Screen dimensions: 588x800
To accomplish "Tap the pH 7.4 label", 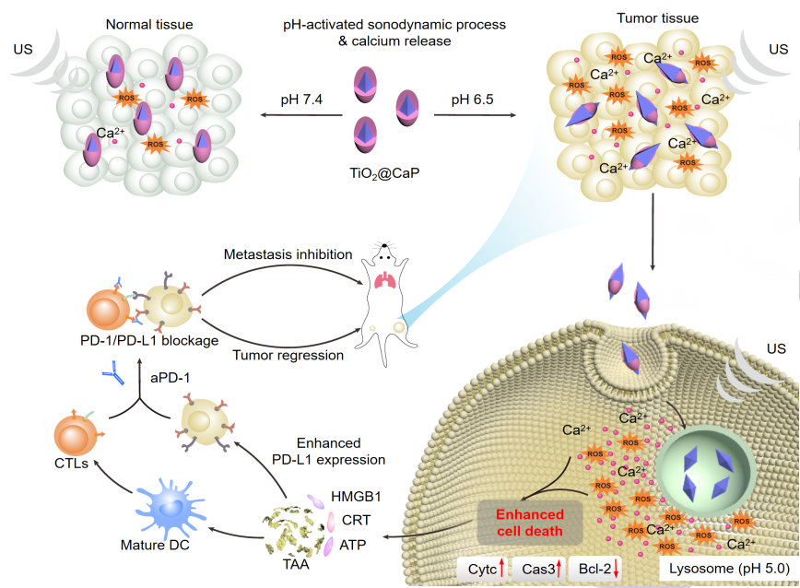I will click(302, 100).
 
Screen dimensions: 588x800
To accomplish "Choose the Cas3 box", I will click(538, 570).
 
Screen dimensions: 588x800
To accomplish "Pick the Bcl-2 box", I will click(595, 570).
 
